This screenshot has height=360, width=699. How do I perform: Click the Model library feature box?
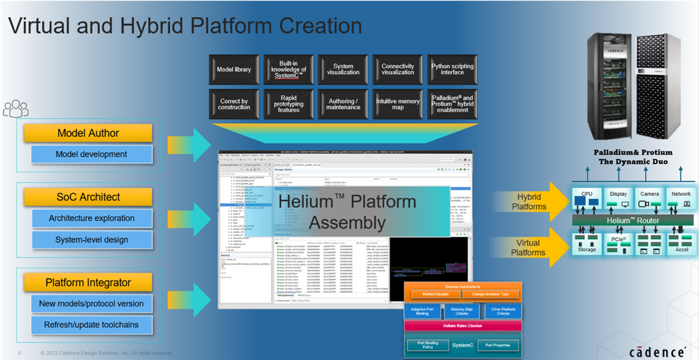point(234,69)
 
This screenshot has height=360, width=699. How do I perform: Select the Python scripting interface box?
point(452,69)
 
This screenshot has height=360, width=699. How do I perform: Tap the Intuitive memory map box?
point(398,104)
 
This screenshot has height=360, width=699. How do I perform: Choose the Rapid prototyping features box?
point(288,104)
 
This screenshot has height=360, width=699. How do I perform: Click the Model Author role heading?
point(88,133)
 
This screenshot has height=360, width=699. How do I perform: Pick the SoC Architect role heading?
point(88,197)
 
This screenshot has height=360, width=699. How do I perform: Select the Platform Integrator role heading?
point(88,283)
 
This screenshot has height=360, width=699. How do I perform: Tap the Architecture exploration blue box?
point(91,219)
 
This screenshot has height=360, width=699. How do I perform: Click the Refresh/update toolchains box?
point(91,325)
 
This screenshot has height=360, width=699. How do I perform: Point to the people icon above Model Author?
point(15,108)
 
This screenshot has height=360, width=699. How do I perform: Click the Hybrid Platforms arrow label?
point(529,202)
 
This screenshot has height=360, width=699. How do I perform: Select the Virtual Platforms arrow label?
point(528,247)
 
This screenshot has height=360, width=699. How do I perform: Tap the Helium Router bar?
point(632,221)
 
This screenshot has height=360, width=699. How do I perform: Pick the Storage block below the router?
point(587,244)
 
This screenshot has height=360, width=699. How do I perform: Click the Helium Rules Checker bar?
point(463,326)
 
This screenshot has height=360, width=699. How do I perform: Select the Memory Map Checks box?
point(463,311)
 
